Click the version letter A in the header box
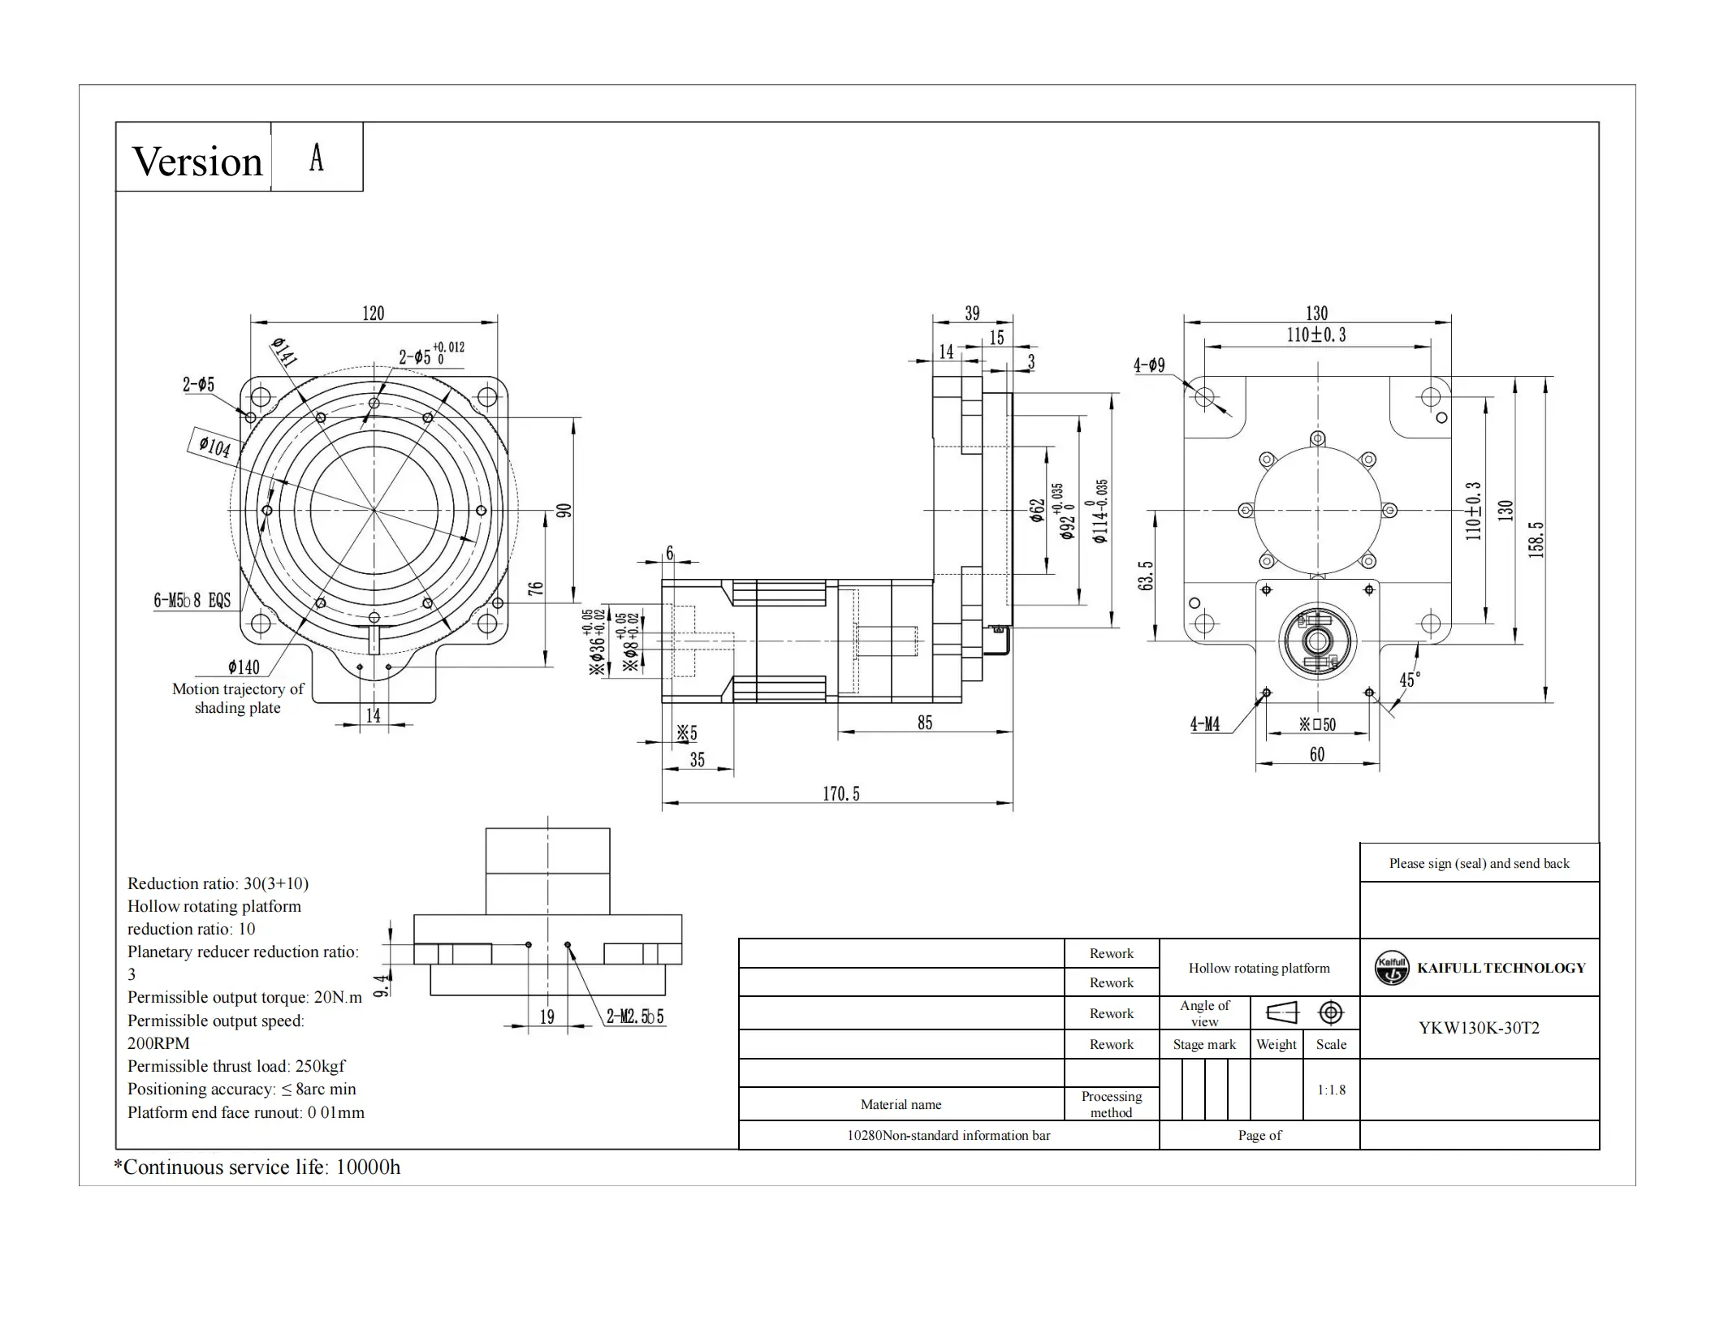[x=317, y=158]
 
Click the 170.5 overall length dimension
[x=840, y=793]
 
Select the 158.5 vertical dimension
[x=1536, y=538]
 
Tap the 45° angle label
[x=1410, y=680]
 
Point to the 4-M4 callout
[x=1205, y=724]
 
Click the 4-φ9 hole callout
[x=1149, y=365]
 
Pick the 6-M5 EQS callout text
[x=192, y=600]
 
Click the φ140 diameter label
[x=244, y=667]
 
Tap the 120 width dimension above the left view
[x=373, y=313]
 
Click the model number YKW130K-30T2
[x=1479, y=1028]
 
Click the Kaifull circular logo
[x=1392, y=968]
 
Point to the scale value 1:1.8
[x=1331, y=1090]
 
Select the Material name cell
[x=901, y=1104]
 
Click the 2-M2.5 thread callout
[x=635, y=1016]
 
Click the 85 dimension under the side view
[x=925, y=722]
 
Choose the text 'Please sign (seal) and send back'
[x=1479, y=863]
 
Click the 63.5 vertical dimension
[x=1146, y=575]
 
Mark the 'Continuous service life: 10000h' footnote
[x=257, y=1167]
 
